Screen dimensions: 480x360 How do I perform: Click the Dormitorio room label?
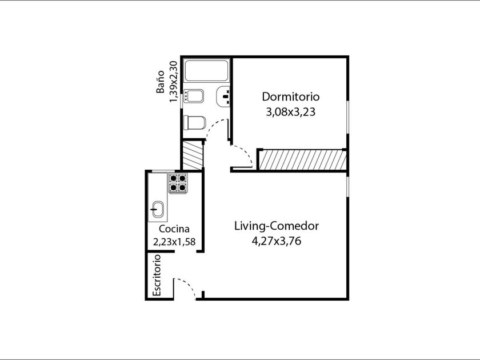point(290,97)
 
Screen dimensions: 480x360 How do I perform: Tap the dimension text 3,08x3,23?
point(290,112)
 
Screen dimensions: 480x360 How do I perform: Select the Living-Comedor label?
point(277,226)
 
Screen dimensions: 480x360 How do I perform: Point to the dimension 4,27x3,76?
point(277,241)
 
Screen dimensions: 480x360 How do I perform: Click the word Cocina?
point(174,229)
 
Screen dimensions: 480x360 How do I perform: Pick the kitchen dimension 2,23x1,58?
point(174,242)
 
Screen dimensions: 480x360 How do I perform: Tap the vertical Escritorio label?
point(157,275)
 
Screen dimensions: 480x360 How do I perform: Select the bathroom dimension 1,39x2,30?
point(173,82)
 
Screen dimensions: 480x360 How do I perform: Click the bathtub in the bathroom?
point(207,71)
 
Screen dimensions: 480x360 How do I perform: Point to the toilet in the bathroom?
point(194,123)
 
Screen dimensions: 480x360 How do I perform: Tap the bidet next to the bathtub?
point(194,96)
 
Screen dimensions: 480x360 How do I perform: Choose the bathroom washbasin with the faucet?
point(223,97)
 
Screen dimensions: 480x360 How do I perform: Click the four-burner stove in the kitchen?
point(178,183)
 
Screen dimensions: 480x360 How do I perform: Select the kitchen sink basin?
point(158,209)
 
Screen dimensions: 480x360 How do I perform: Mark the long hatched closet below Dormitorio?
point(302,160)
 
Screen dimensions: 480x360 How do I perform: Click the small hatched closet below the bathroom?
point(192,155)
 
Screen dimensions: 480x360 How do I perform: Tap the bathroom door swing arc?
point(214,126)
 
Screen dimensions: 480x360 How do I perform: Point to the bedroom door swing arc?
point(244,153)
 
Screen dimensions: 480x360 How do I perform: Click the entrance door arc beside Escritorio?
point(188,286)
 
